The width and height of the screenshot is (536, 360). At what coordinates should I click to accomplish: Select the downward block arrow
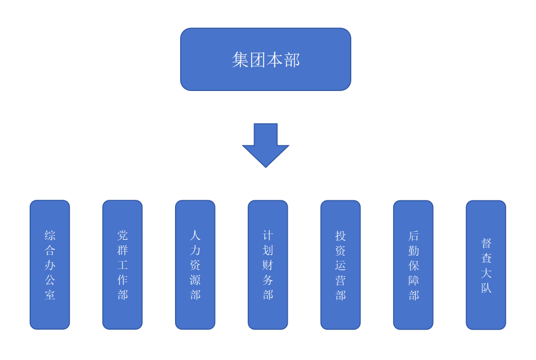coord(265,144)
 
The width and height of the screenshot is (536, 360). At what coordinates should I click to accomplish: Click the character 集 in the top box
coord(240,60)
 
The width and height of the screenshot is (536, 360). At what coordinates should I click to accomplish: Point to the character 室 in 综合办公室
coord(50,295)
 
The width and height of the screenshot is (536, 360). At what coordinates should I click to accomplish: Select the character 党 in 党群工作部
coord(122,235)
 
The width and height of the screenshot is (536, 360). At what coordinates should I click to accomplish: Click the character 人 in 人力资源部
coord(195,235)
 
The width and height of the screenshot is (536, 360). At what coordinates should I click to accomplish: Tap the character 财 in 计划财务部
coord(268,265)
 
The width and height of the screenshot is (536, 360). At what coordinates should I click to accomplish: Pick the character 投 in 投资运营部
coord(340,235)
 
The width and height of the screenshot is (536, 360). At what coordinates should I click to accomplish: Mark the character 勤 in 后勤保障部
coord(413,250)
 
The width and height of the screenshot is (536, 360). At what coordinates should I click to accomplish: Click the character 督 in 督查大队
coord(486,243)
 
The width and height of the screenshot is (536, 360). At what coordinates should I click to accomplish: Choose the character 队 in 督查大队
coord(486,288)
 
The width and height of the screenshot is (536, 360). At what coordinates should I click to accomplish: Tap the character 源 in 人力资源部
coord(195,280)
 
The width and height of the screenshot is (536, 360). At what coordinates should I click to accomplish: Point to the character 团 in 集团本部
coord(257,60)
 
